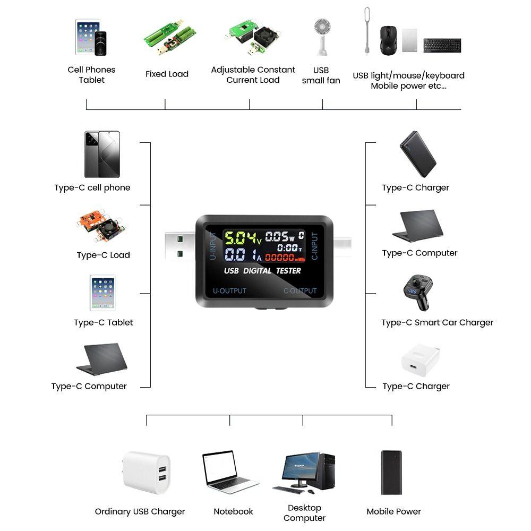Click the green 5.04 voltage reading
click(x=239, y=237)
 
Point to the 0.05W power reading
click(x=280, y=236)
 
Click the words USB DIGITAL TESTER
click(x=262, y=271)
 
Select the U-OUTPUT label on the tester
click(x=229, y=291)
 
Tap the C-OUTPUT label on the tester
click(x=299, y=291)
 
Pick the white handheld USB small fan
click(x=321, y=36)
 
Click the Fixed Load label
click(x=167, y=74)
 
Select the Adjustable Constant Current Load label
click(x=253, y=75)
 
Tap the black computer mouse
click(x=388, y=40)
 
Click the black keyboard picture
click(x=442, y=45)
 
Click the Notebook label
click(x=233, y=511)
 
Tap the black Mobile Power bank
click(x=391, y=473)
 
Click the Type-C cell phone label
click(x=92, y=187)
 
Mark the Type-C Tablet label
click(x=103, y=322)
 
